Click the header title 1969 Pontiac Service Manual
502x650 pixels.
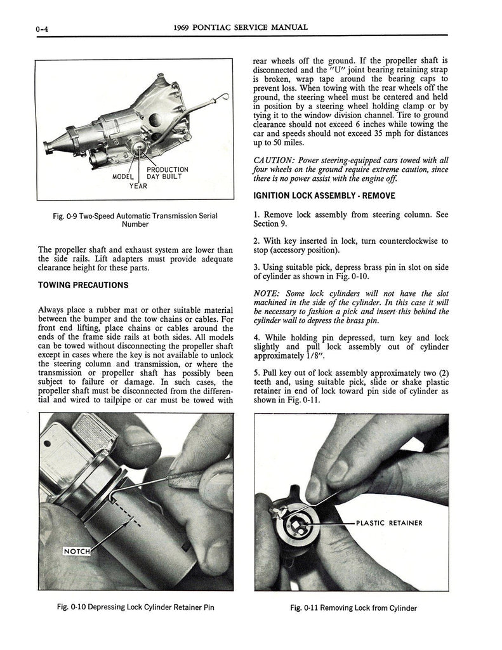coord(240,27)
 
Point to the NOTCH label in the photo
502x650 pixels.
coord(76,551)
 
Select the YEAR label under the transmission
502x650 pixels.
coord(138,186)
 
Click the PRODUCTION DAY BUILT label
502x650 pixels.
coord(167,173)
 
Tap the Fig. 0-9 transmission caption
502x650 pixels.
coord(135,220)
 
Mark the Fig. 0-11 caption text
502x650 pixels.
coord(353,607)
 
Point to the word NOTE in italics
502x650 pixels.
coord(268,293)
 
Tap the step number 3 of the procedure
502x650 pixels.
coord(255,267)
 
